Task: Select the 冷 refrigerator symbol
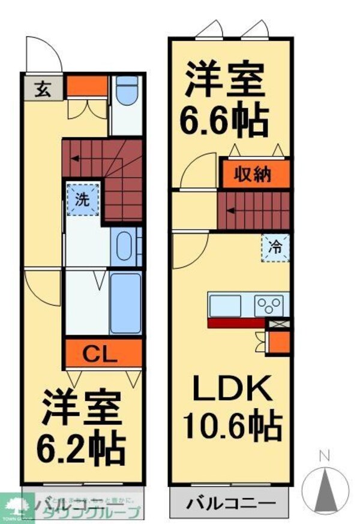274,246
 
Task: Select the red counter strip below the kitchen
235,323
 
